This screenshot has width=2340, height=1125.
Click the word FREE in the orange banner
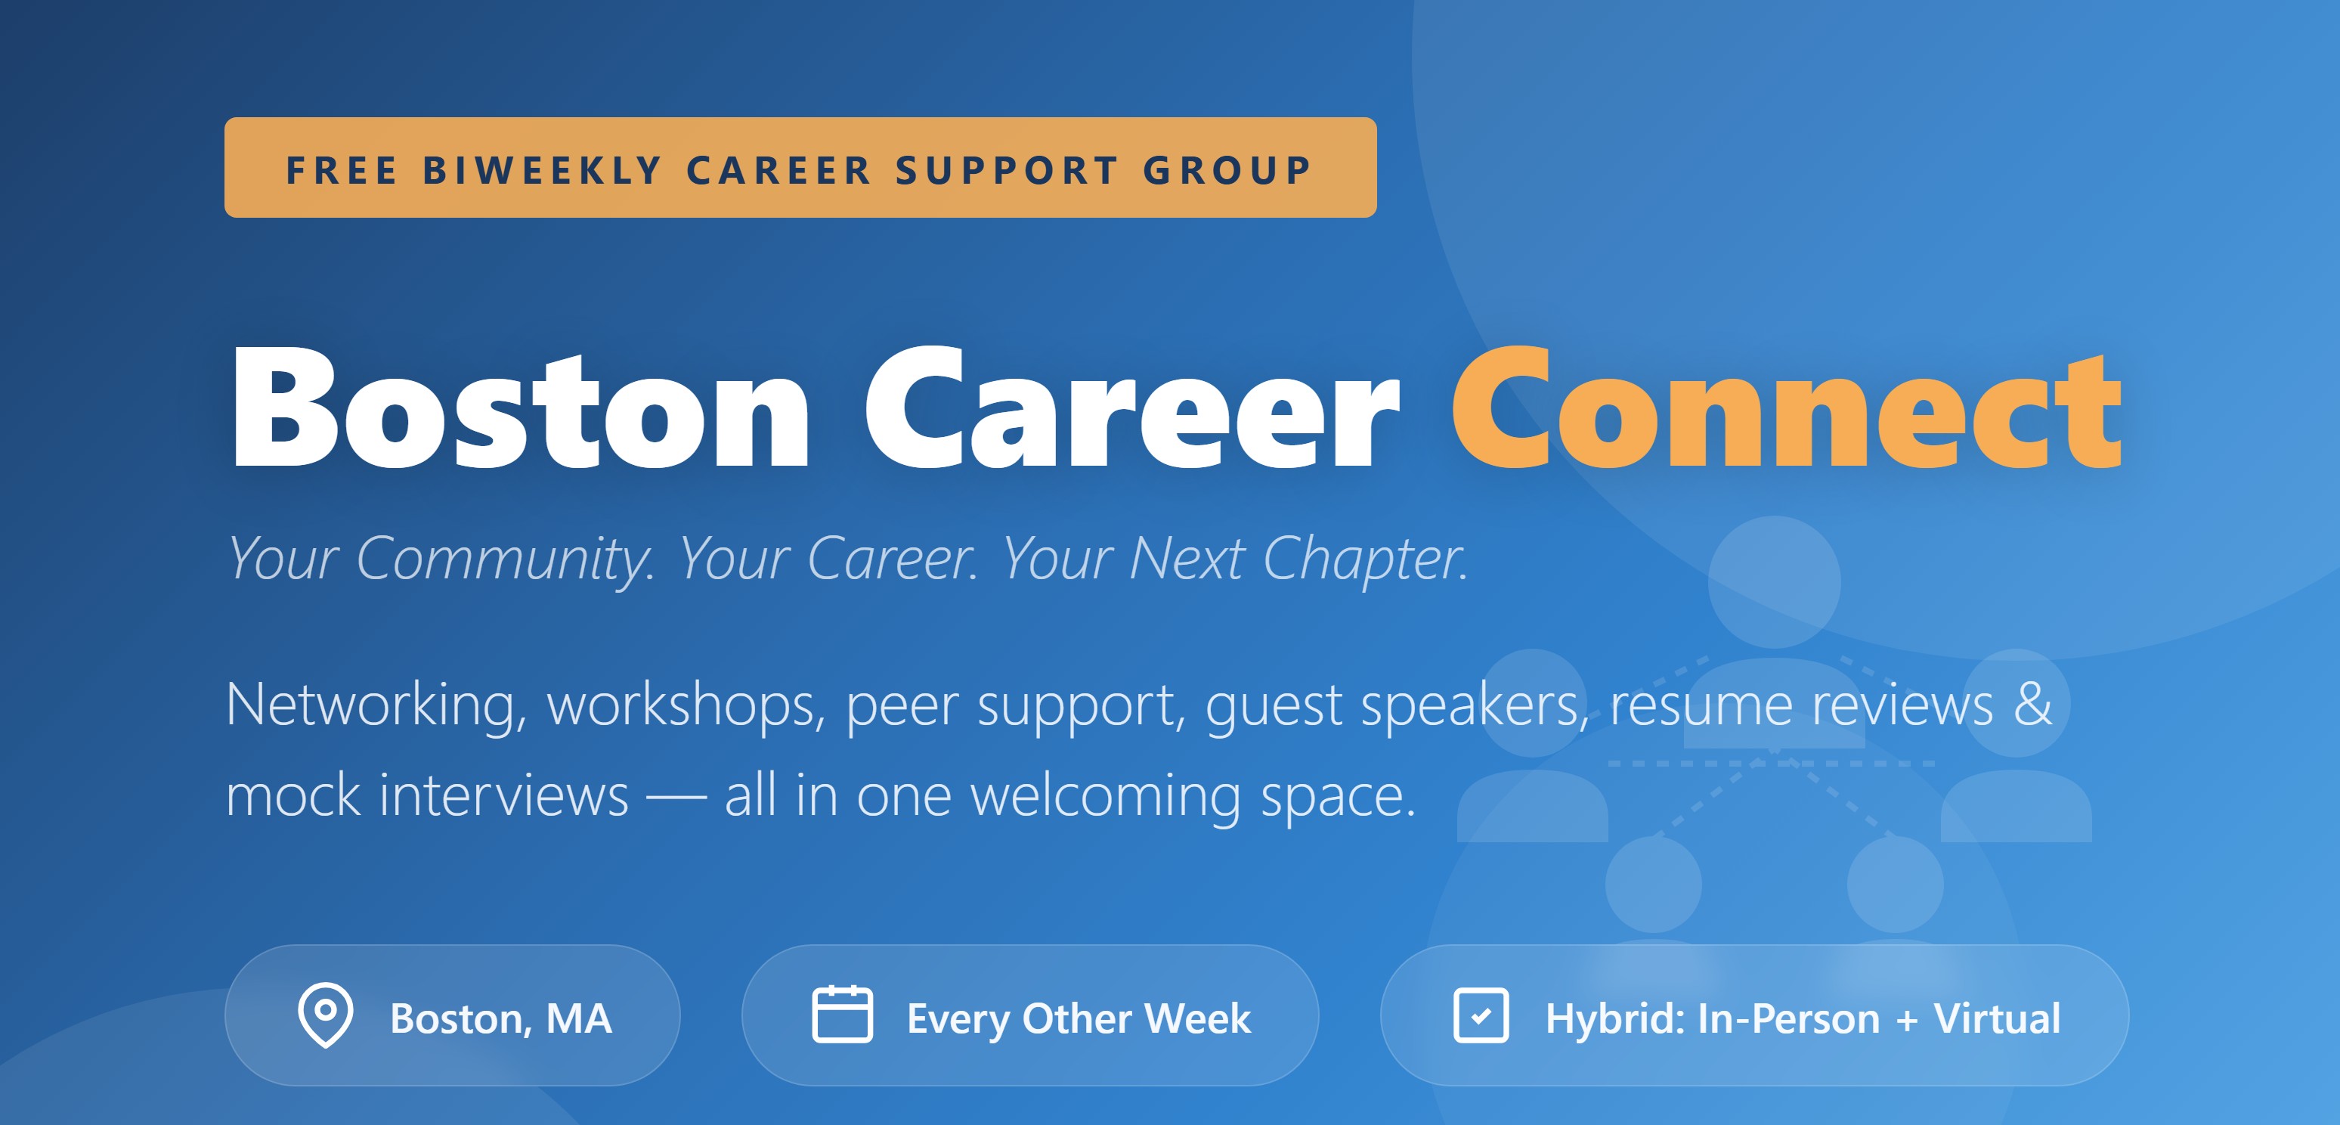342,170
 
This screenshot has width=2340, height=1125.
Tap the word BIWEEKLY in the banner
543,170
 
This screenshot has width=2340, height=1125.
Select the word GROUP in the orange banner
1227,170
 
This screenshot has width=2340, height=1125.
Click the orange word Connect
1786,409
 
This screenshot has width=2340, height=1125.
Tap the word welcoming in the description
1104,796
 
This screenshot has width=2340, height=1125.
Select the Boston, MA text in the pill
500,1018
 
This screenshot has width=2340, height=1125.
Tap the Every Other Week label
1079,1018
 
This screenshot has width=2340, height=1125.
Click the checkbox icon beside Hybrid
1481,1015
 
